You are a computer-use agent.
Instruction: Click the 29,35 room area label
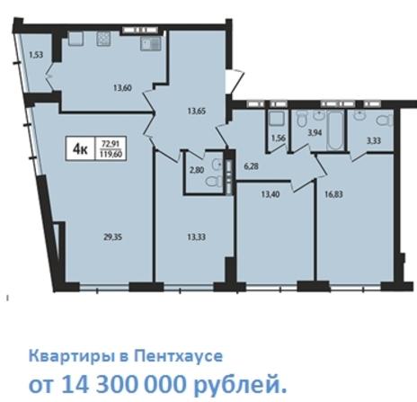(x=112, y=237)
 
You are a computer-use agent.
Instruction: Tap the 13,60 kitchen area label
(x=122, y=88)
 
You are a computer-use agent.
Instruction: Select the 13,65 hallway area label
(x=197, y=112)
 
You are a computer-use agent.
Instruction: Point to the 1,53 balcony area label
(x=36, y=55)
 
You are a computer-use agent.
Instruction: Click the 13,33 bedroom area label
(x=197, y=237)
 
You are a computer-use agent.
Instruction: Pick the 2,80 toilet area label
(x=197, y=170)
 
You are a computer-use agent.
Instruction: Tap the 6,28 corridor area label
(x=251, y=166)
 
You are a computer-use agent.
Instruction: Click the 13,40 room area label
(x=271, y=194)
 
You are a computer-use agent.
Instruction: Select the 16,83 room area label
(x=333, y=194)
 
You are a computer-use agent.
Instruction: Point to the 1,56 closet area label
(x=279, y=138)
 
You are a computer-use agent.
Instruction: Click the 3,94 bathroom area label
(x=315, y=132)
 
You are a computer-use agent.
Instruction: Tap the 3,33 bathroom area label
(x=374, y=140)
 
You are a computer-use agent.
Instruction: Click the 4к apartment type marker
(x=80, y=148)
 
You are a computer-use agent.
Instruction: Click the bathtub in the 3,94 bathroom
(x=334, y=130)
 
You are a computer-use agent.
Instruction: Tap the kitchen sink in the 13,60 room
(x=151, y=43)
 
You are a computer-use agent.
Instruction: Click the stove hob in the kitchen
(x=103, y=39)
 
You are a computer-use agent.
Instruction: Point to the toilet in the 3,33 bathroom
(x=385, y=121)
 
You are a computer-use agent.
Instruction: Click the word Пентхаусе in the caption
(x=178, y=356)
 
